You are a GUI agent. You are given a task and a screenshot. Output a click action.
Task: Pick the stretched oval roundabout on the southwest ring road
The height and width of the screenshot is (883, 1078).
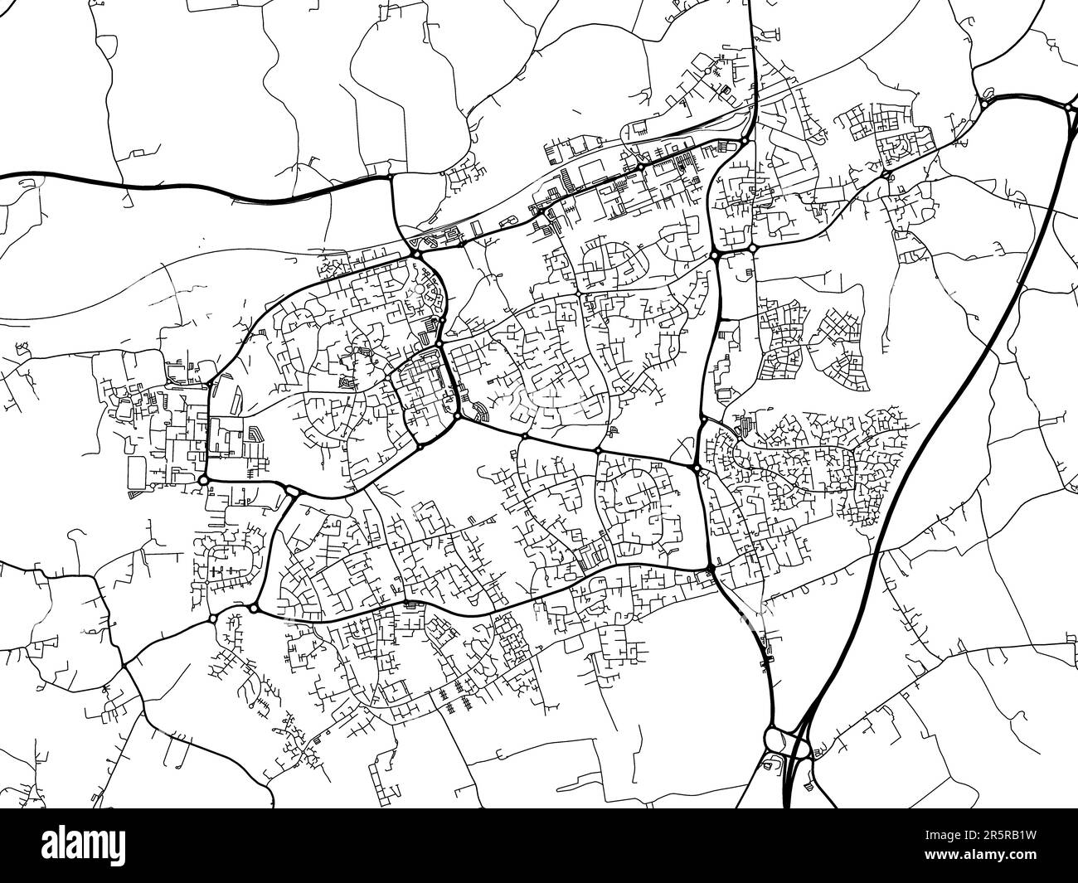coord(292,492)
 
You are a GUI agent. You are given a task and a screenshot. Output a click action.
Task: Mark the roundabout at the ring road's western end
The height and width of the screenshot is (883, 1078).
coord(203,480)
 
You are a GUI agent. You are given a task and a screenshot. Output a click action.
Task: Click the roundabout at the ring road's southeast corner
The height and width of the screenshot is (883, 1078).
coord(711,568)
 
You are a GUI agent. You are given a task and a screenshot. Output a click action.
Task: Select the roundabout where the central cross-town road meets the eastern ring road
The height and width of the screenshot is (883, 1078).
coord(697,470)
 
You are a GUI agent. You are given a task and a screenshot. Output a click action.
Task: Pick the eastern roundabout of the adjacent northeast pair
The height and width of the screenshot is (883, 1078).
coord(752,248)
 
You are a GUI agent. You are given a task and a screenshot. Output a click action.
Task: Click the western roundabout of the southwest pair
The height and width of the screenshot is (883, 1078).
coord(213,619)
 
